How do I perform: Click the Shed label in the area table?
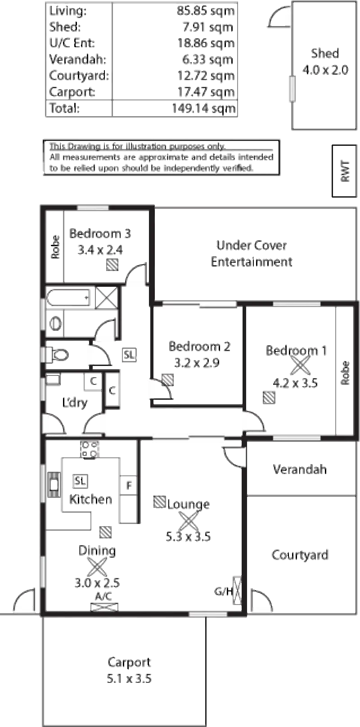pyautogui.click(x=66, y=27)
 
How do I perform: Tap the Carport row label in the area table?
pyautogui.click(x=72, y=92)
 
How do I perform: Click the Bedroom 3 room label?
pyautogui.click(x=101, y=234)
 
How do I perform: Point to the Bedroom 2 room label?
pyautogui.click(x=200, y=347)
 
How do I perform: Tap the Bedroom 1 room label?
pyautogui.click(x=297, y=350)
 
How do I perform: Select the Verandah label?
pyautogui.click(x=300, y=469)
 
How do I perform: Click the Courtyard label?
pyautogui.click(x=300, y=555)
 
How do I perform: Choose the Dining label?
pyautogui.click(x=97, y=551)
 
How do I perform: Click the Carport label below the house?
pyautogui.click(x=130, y=662)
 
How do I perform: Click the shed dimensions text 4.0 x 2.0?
pyautogui.click(x=326, y=70)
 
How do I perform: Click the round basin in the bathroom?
pyautogui.click(x=56, y=323)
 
